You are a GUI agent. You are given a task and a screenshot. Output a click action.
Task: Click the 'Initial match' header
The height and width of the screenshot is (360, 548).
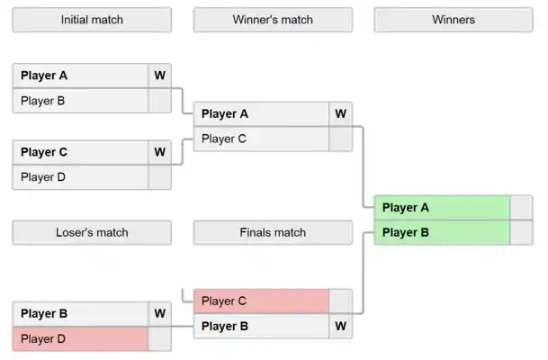click(92, 20)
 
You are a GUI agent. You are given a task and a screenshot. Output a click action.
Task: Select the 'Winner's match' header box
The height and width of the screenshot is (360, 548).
click(273, 20)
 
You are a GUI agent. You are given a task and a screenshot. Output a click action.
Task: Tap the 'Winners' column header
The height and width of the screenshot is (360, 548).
click(454, 20)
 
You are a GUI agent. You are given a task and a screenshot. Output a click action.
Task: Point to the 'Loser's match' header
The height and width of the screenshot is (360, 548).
click(92, 232)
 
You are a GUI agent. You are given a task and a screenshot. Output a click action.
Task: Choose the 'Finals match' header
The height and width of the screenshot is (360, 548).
click(273, 232)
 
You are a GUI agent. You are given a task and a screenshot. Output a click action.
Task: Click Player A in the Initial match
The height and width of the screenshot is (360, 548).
click(80, 76)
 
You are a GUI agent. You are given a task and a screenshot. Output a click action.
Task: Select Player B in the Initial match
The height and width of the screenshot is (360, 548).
click(80, 101)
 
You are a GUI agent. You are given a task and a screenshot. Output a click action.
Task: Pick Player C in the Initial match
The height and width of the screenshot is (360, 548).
click(80, 152)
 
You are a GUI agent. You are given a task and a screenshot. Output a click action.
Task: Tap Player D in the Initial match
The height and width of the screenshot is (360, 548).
click(80, 177)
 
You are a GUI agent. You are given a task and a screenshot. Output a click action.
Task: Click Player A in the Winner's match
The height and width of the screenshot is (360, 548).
click(261, 113)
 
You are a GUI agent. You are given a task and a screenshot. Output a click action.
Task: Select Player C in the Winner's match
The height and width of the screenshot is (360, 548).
click(261, 139)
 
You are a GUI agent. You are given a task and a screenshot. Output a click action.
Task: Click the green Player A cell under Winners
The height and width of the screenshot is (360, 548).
click(442, 207)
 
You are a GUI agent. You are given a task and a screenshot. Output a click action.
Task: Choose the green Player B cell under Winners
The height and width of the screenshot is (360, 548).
click(442, 232)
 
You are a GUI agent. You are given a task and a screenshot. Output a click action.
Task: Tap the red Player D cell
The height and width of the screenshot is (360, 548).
click(80, 339)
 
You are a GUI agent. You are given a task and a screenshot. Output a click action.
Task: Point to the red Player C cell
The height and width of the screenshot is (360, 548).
click(261, 301)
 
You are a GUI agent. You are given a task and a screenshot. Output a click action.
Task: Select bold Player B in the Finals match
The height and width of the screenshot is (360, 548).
click(261, 326)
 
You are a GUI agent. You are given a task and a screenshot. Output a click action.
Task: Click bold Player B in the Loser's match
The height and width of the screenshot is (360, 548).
click(80, 314)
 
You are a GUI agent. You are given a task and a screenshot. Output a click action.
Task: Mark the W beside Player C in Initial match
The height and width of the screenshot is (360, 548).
click(159, 152)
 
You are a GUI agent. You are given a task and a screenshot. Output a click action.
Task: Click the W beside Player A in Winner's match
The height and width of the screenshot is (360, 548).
click(340, 113)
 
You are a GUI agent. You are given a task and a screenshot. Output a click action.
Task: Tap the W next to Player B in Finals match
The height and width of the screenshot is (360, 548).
click(340, 326)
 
